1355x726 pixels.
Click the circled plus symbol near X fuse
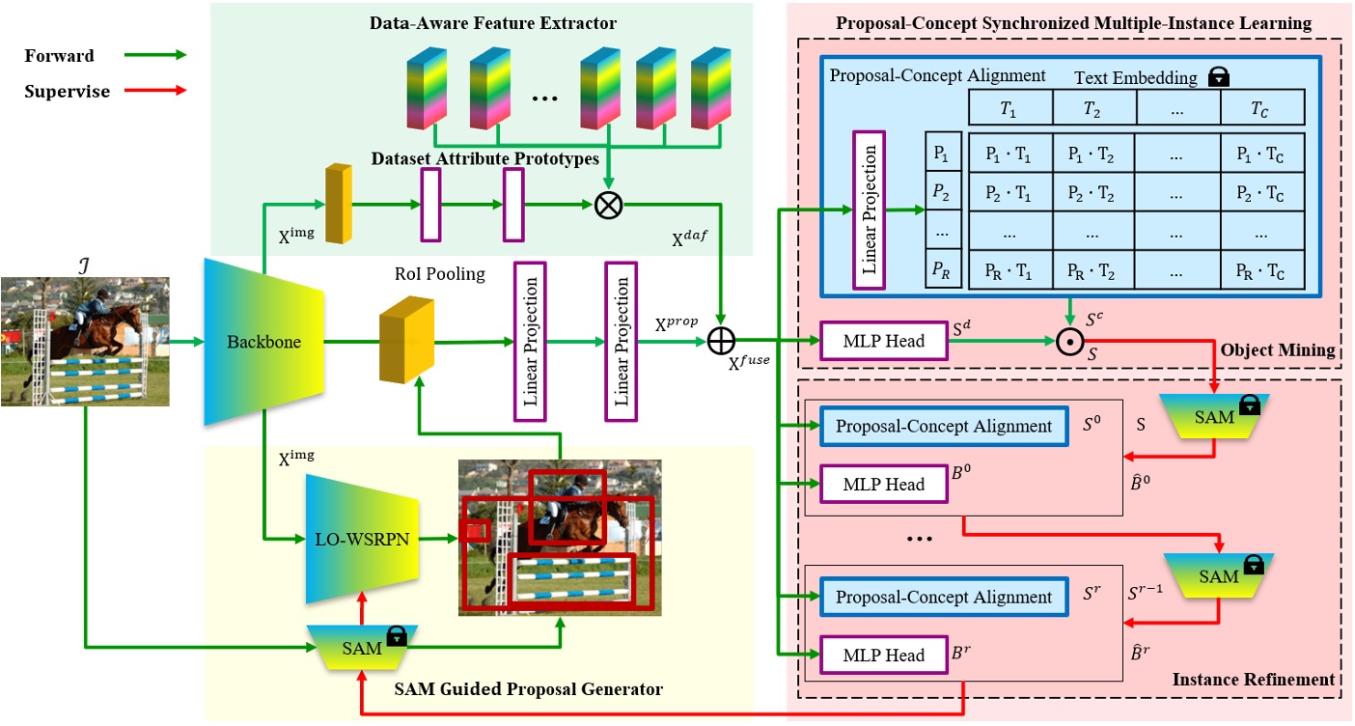pos(721,341)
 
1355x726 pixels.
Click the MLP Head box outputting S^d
pos(883,341)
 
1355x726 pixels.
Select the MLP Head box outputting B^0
pos(883,484)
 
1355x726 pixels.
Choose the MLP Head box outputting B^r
pos(883,655)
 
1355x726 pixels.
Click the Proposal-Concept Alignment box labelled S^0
pos(943,426)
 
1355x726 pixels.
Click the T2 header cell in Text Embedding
pos(1093,107)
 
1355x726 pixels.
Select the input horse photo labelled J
pos(85,341)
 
